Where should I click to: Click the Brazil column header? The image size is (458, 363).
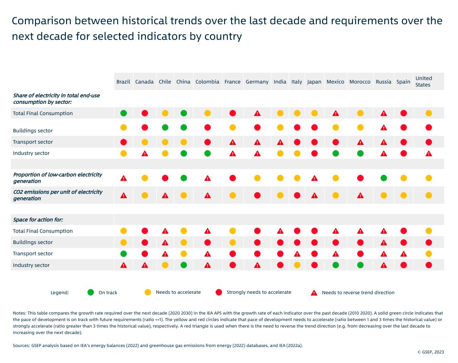pyautogui.click(x=123, y=82)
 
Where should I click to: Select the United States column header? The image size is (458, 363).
pyautogui.click(x=423, y=81)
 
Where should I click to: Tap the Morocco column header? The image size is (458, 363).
pyautogui.click(x=360, y=82)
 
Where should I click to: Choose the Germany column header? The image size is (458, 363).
pyautogui.click(x=257, y=82)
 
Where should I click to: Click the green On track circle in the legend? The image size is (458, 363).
pyautogui.click(x=90, y=292)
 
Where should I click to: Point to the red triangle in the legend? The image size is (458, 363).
pyautogui.click(x=314, y=293)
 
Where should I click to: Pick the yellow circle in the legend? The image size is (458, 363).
pyautogui.click(x=148, y=292)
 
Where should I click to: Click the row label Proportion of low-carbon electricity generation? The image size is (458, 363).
pyautogui.click(x=58, y=178)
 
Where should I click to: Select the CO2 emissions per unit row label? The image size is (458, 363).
pyautogui.click(x=58, y=195)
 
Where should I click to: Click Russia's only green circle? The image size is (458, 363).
pyautogui.click(x=384, y=178)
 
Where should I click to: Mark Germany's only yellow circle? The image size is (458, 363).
pyautogui.click(x=257, y=178)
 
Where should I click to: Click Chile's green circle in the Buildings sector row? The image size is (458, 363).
pyautogui.click(x=165, y=128)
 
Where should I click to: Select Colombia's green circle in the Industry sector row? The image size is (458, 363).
pyautogui.click(x=207, y=153)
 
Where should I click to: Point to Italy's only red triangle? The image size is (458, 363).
pyautogui.click(x=297, y=254)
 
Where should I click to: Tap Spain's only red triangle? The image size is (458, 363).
pyautogui.click(x=403, y=254)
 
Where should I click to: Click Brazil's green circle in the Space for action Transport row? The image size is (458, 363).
pyautogui.click(x=123, y=254)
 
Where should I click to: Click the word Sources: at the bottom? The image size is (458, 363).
pyautogui.click(x=22, y=345)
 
